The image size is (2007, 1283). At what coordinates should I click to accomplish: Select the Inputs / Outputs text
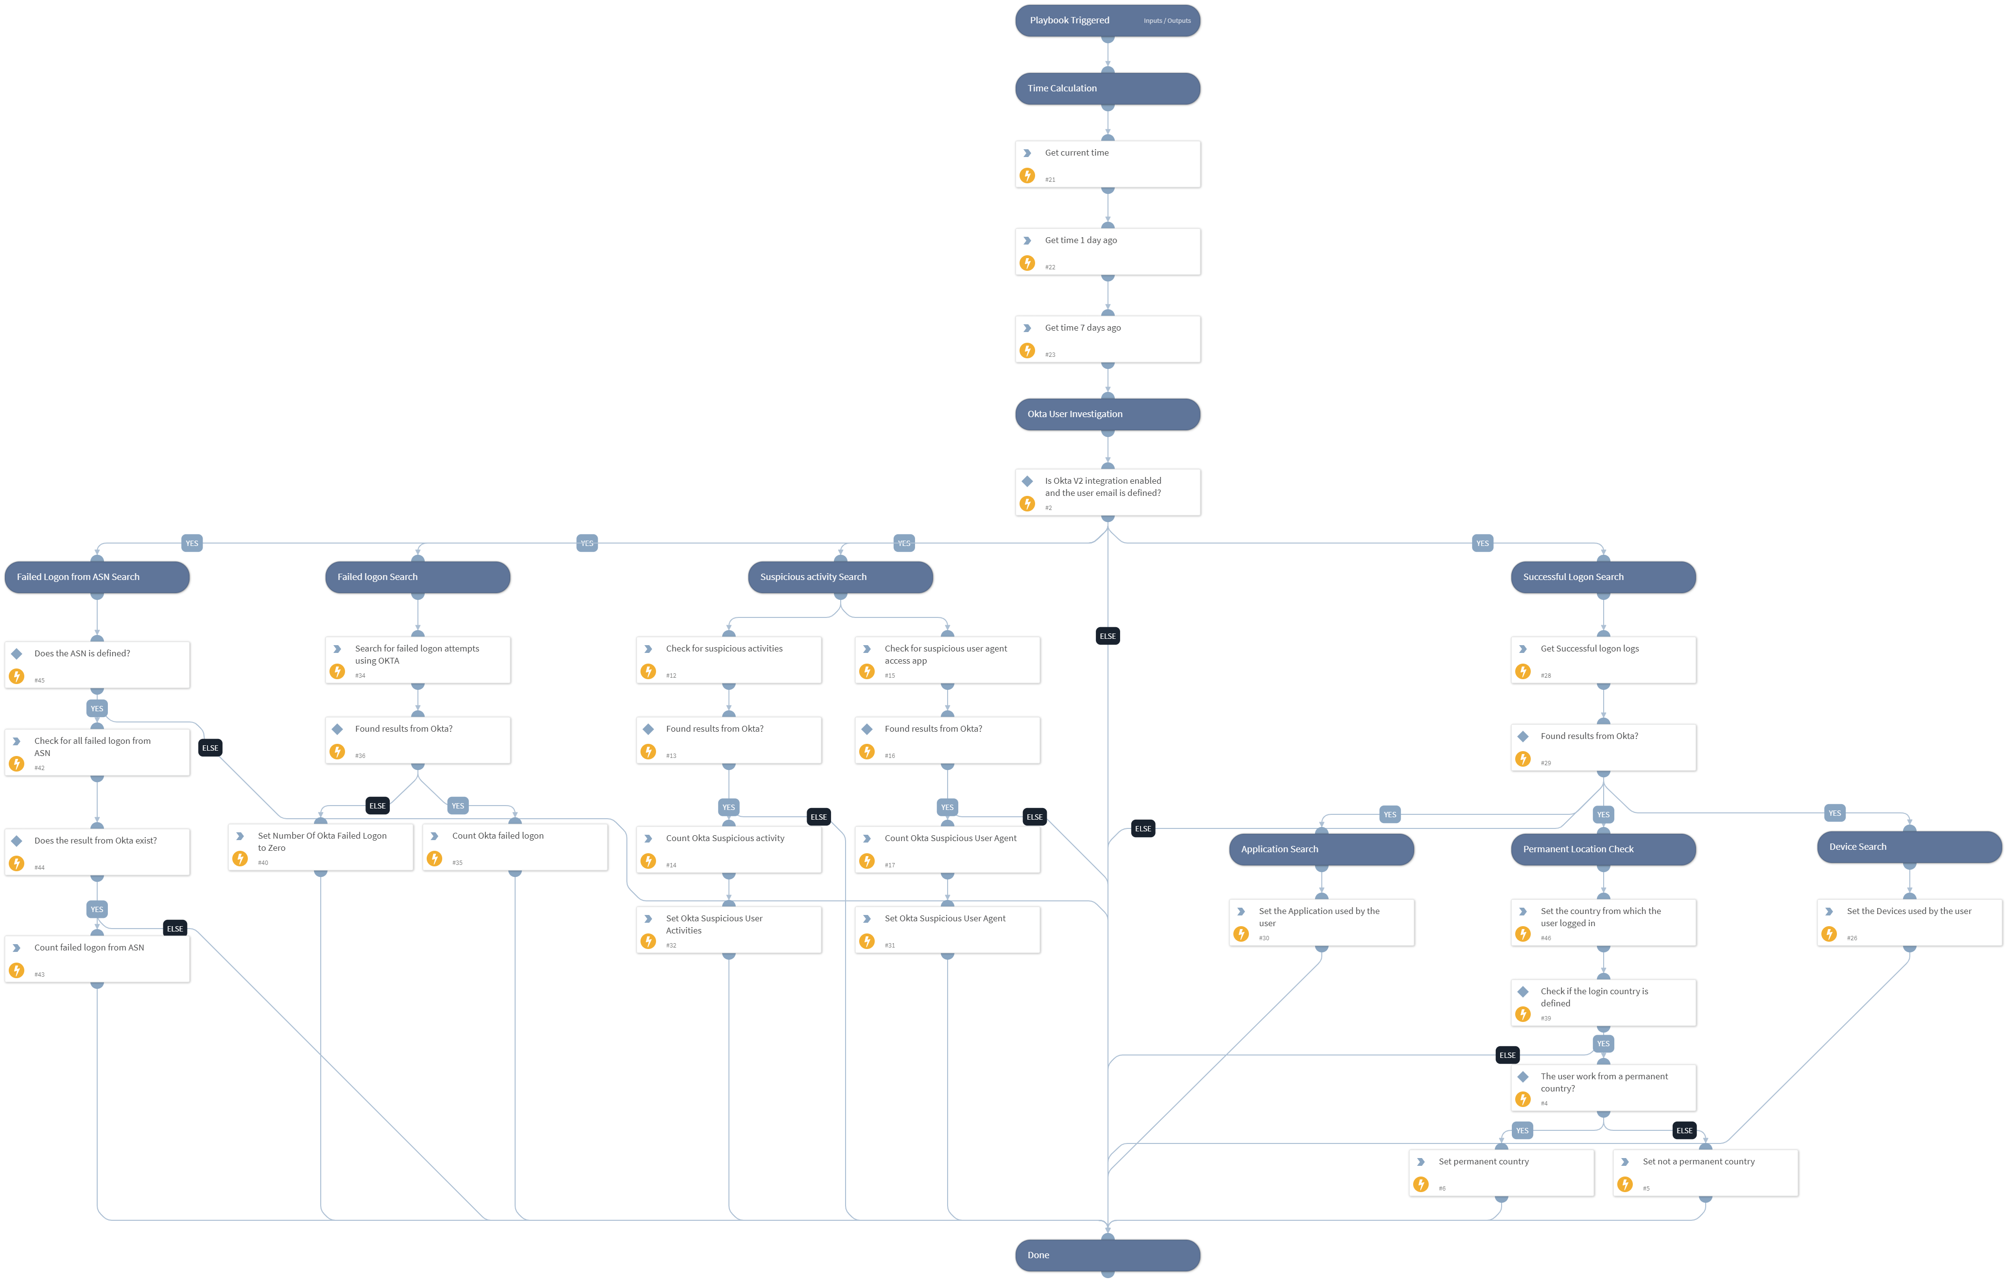[1167, 21]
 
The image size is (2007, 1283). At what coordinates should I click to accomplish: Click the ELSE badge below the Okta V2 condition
[1107, 636]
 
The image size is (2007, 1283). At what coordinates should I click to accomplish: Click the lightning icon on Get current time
[1028, 176]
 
